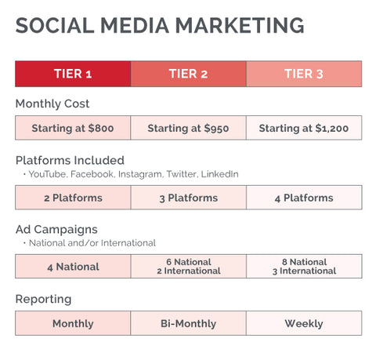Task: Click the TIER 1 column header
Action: tap(73, 74)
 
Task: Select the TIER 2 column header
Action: tap(188, 74)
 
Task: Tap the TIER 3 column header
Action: tap(304, 74)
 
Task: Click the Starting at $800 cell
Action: tap(73, 128)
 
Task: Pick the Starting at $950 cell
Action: tap(188, 128)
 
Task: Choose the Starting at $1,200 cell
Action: tap(304, 128)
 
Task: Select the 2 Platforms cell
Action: tap(73, 198)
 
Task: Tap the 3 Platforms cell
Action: tap(188, 198)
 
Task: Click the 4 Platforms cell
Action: tap(304, 198)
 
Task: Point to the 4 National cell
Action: tap(73, 267)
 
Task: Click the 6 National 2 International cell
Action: tap(188, 267)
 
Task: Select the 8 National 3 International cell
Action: tap(304, 267)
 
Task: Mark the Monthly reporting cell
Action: tap(73, 323)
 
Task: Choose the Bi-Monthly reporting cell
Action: tap(188, 323)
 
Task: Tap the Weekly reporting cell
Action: tap(304, 323)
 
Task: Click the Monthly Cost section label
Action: tap(52, 104)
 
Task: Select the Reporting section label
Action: tap(43, 299)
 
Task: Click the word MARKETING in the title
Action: tap(240, 25)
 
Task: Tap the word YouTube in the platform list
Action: tap(46, 174)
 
